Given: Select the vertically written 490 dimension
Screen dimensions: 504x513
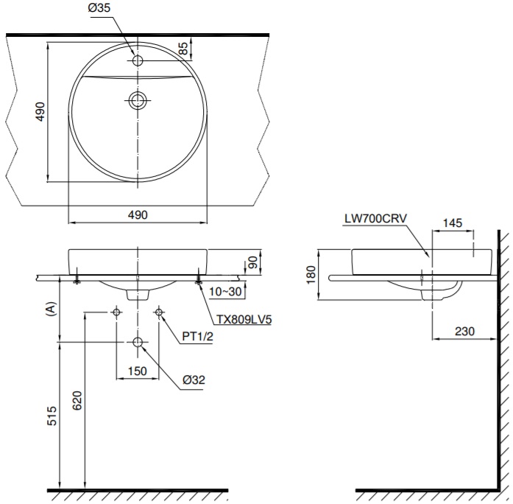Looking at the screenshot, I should pos(41,111).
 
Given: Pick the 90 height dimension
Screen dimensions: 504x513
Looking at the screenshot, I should pos(253,262).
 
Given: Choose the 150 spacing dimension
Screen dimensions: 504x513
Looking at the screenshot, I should pos(138,371).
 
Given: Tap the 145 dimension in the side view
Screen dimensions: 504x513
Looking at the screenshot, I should pos(453,223).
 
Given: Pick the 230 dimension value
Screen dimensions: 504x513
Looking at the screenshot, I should pos(464,332).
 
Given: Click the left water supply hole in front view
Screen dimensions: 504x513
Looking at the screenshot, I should pos(116,312).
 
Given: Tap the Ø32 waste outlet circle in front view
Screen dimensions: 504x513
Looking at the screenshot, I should pos(138,343).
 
